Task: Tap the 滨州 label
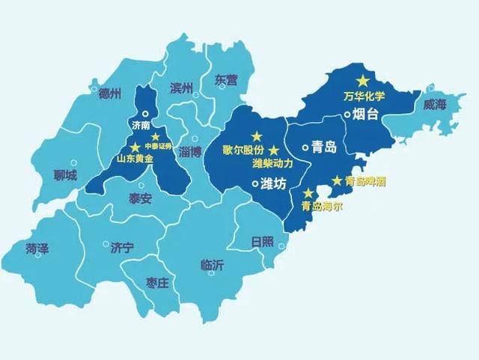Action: point(181,88)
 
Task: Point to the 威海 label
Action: point(434,105)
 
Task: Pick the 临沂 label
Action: point(213,264)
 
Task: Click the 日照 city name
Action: point(263,241)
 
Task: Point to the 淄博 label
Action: point(191,152)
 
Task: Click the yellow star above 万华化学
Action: point(363,80)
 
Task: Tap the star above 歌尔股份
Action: point(257,135)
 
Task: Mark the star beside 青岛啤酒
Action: point(337,180)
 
